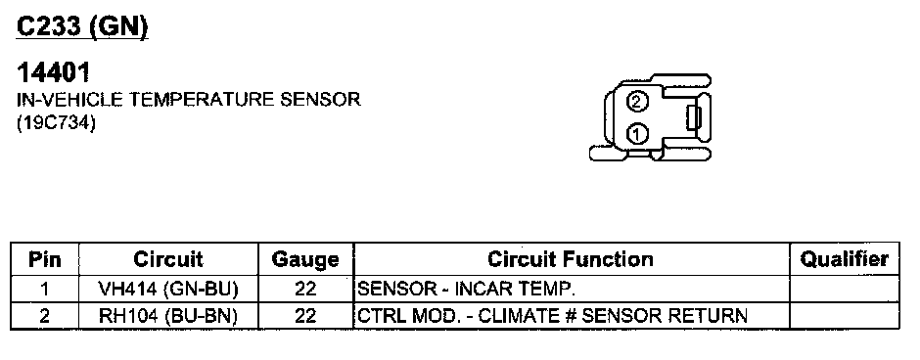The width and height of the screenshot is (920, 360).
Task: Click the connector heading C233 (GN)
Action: tap(82, 26)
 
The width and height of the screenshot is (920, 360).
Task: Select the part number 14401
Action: tap(54, 73)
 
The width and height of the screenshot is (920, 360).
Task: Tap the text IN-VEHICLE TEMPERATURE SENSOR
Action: tap(188, 100)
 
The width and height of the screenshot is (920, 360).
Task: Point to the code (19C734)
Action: tap(56, 124)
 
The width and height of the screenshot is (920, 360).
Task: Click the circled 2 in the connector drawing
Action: tap(637, 102)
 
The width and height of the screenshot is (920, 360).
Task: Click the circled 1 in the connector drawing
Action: tap(637, 134)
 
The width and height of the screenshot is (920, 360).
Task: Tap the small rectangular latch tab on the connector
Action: tap(694, 117)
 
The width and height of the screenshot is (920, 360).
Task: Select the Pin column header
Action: tap(45, 259)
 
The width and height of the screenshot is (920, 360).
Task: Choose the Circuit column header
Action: tap(167, 259)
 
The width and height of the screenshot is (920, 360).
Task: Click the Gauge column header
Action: tap(305, 259)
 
